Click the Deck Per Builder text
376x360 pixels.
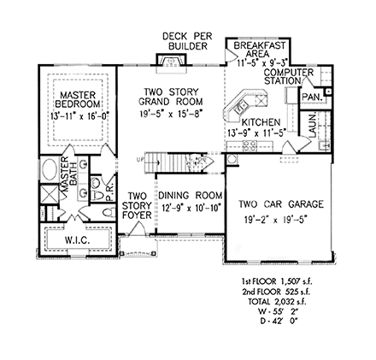pos(185,39)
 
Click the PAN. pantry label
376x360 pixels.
pos(310,98)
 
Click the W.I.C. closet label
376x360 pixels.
pos(76,242)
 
